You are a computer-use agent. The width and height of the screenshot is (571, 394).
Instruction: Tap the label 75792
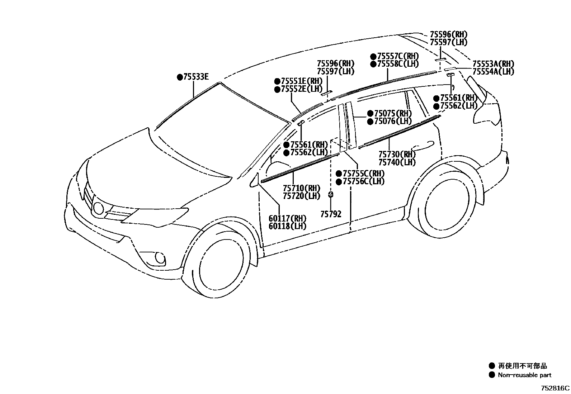(x=331, y=214)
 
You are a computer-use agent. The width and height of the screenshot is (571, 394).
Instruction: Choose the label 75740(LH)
(x=397, y=162)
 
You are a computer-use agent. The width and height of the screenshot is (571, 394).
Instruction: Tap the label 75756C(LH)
(x=363, y=181)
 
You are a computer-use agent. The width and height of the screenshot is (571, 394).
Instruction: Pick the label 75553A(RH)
(x=493, y=64)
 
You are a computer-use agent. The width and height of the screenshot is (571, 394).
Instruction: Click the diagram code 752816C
(x=555, y=388)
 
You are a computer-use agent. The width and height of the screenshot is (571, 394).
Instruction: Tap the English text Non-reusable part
(x=524, y=375)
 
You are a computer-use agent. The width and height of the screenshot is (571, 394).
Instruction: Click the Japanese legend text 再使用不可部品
(x=523, y=366)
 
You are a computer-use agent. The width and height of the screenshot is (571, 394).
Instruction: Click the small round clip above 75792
(x=331, y=195)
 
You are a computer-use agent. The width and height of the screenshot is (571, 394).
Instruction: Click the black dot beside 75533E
(x=180, y=77)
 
